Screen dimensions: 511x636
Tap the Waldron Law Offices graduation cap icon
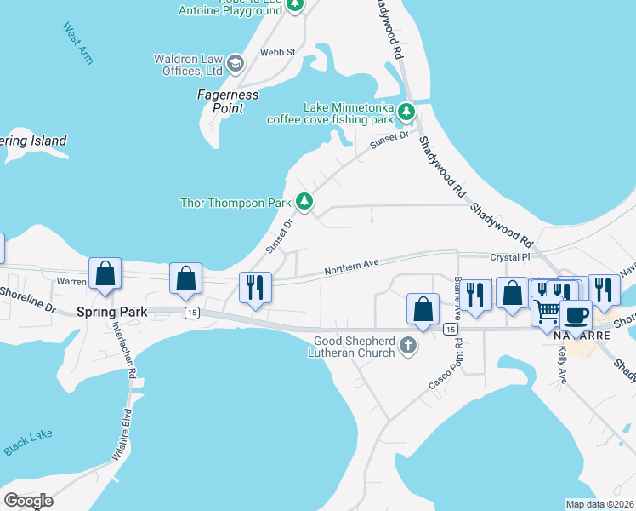click(236, 64)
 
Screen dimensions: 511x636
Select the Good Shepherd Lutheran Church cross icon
click(408, 346)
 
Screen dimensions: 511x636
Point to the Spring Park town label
click(112, 312)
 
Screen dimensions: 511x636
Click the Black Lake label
click(27, 441)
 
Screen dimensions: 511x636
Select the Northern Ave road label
click(351, 267)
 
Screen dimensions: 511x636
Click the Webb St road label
click(277, 52)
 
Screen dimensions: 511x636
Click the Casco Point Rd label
click(445, 366)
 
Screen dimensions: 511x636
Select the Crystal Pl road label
click(509, 256)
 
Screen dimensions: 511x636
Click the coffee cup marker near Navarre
click(576, 315)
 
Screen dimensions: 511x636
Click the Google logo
click(29, 501)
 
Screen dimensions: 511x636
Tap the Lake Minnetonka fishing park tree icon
click(406, 111)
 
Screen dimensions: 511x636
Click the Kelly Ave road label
click(561, 366)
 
